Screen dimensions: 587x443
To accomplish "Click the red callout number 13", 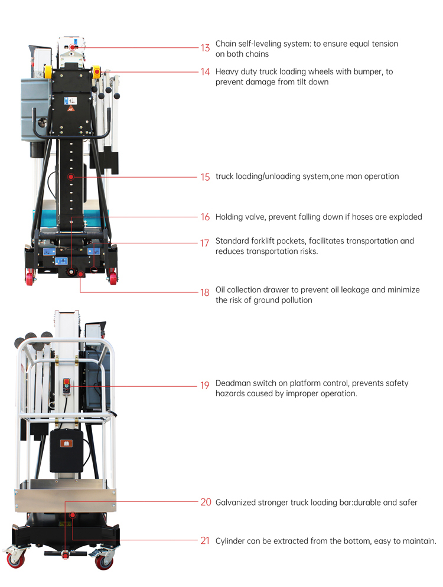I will point(205,48).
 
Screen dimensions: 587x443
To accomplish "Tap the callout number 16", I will point(205,217).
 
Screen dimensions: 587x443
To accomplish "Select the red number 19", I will point(205,386).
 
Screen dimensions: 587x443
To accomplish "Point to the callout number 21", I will point(205,540).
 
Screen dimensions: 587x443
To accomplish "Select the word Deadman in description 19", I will point(233,383).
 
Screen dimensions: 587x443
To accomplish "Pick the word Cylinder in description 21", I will point(231,540).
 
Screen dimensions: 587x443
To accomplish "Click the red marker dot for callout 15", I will point(71,177).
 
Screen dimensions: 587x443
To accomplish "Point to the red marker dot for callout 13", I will point(73,47).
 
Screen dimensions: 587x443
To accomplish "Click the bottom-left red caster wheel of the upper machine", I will point(30,277).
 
